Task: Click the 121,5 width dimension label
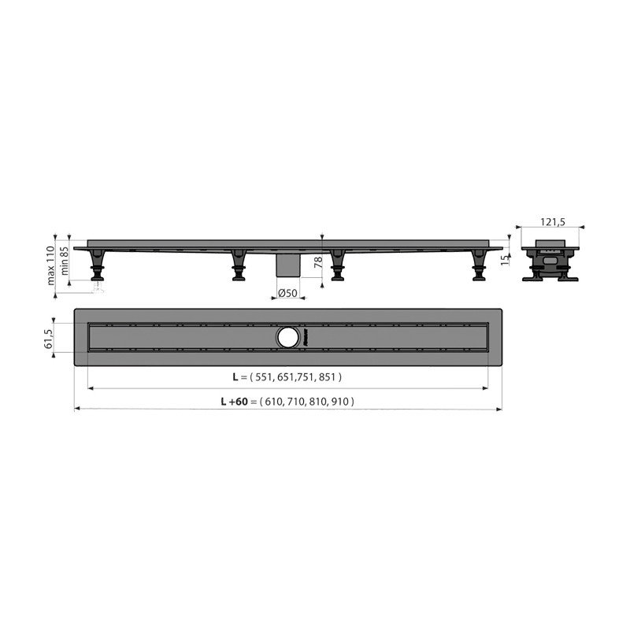(553, 221)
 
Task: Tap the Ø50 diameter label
(287, 293)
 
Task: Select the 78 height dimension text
(318, 262)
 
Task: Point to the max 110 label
(50, 265)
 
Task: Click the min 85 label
(65, 261)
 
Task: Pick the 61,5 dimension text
(48, 338)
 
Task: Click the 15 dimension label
(505, 260)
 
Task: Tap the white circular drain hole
(287, 338)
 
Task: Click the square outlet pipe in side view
(288, 265)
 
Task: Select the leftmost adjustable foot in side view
(97, 265)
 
